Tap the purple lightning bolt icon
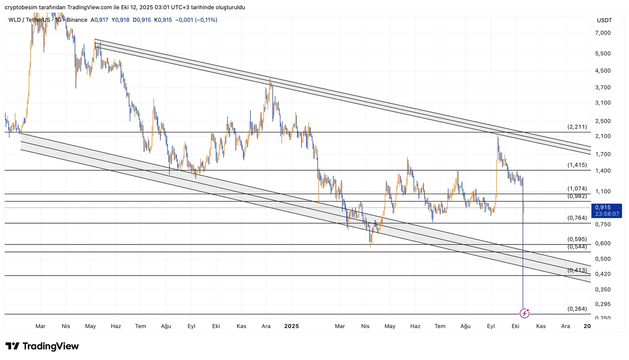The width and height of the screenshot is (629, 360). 524,313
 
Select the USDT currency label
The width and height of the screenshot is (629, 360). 604,20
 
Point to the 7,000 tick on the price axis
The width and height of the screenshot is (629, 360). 603,33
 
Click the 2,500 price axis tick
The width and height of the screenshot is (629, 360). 603,121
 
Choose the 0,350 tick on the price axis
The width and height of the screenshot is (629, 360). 603,290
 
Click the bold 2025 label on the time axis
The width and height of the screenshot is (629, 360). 291,326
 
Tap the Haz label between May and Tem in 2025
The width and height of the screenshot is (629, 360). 415,326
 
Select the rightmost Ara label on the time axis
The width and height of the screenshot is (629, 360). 565,326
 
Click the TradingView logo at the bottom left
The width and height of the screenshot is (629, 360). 42,346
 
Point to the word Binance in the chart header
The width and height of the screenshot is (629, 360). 77,20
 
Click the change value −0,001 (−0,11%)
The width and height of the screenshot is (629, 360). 196,20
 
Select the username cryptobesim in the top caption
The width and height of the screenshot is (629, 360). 20,7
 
